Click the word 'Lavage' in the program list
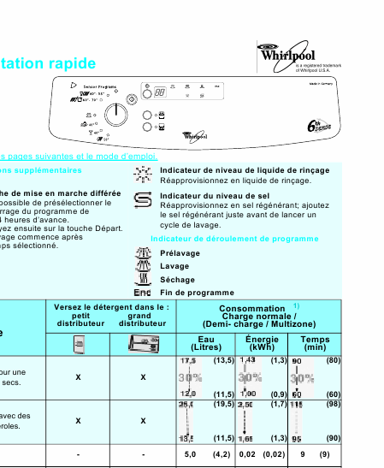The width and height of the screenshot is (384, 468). coord(174,266)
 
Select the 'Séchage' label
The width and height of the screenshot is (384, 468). coord(177,280)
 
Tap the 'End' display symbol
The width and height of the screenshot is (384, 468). coord(143,293)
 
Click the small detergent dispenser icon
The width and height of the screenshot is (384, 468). coord(78,344)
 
